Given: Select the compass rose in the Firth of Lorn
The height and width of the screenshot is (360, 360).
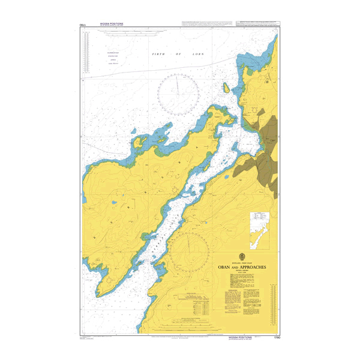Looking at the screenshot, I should point(178,90).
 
